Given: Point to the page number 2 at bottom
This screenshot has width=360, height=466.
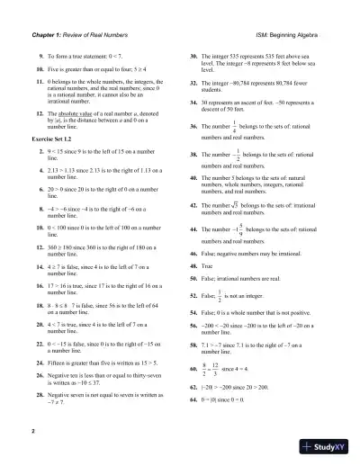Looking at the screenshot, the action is click(33, 433).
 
